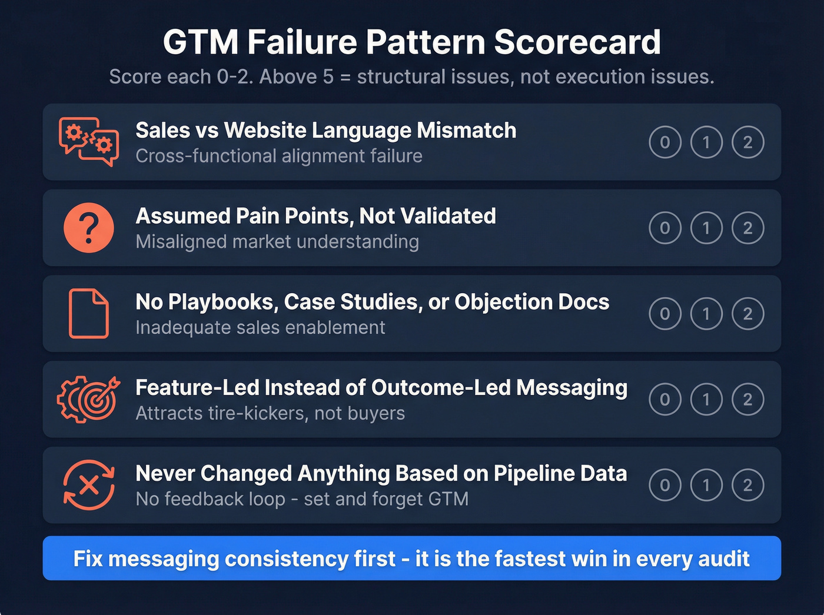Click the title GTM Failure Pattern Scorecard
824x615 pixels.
[411, 42]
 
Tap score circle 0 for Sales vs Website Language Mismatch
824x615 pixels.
[665, 142]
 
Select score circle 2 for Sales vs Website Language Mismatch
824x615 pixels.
[747, 142]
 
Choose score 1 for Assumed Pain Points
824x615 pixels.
[706, 228]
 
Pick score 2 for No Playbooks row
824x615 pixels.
[747, 314]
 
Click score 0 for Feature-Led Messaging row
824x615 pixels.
[665, 400]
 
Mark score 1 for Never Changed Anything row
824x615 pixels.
[706, 485]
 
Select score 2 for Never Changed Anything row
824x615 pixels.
[747, 485]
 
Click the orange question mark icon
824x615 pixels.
[89, 228]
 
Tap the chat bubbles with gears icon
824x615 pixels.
[89, 142]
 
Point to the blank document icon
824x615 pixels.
[89, 314]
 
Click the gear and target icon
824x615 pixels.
[89, 400]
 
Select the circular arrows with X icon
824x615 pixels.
[89, 485]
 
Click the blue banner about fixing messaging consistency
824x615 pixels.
[411, 558]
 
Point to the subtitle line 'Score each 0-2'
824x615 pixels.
[411, 77]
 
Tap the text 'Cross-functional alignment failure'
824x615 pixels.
[279, 156]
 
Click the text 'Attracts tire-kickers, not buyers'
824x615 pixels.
[270, 413]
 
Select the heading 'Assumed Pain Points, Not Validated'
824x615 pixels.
[315, 216]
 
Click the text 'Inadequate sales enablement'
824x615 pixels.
[260, 327]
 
